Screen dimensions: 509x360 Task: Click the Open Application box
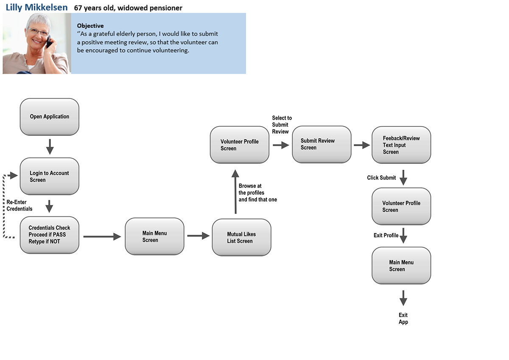50,117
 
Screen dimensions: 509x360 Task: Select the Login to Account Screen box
50,176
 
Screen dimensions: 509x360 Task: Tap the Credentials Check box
50,235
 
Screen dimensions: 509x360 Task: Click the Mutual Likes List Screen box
241,237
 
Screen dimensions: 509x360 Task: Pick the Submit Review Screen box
322,144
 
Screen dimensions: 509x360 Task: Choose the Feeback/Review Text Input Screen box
401,145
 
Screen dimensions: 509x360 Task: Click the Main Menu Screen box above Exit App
401,266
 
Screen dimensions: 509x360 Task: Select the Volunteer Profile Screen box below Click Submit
401,206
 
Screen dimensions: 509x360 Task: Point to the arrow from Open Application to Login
50,147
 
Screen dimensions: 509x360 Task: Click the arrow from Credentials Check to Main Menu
102,236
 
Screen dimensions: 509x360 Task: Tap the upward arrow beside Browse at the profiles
235,192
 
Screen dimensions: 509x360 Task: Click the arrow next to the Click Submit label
403,177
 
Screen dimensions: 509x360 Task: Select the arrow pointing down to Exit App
403,298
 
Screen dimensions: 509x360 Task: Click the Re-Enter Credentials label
20,205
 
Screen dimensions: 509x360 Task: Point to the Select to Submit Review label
282,125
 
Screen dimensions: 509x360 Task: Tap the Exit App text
403,318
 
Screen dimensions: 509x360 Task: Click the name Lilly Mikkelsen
36,8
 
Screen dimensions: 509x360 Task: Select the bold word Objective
90,26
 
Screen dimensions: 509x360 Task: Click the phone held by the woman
49,42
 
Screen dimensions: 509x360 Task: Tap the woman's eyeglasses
38,31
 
